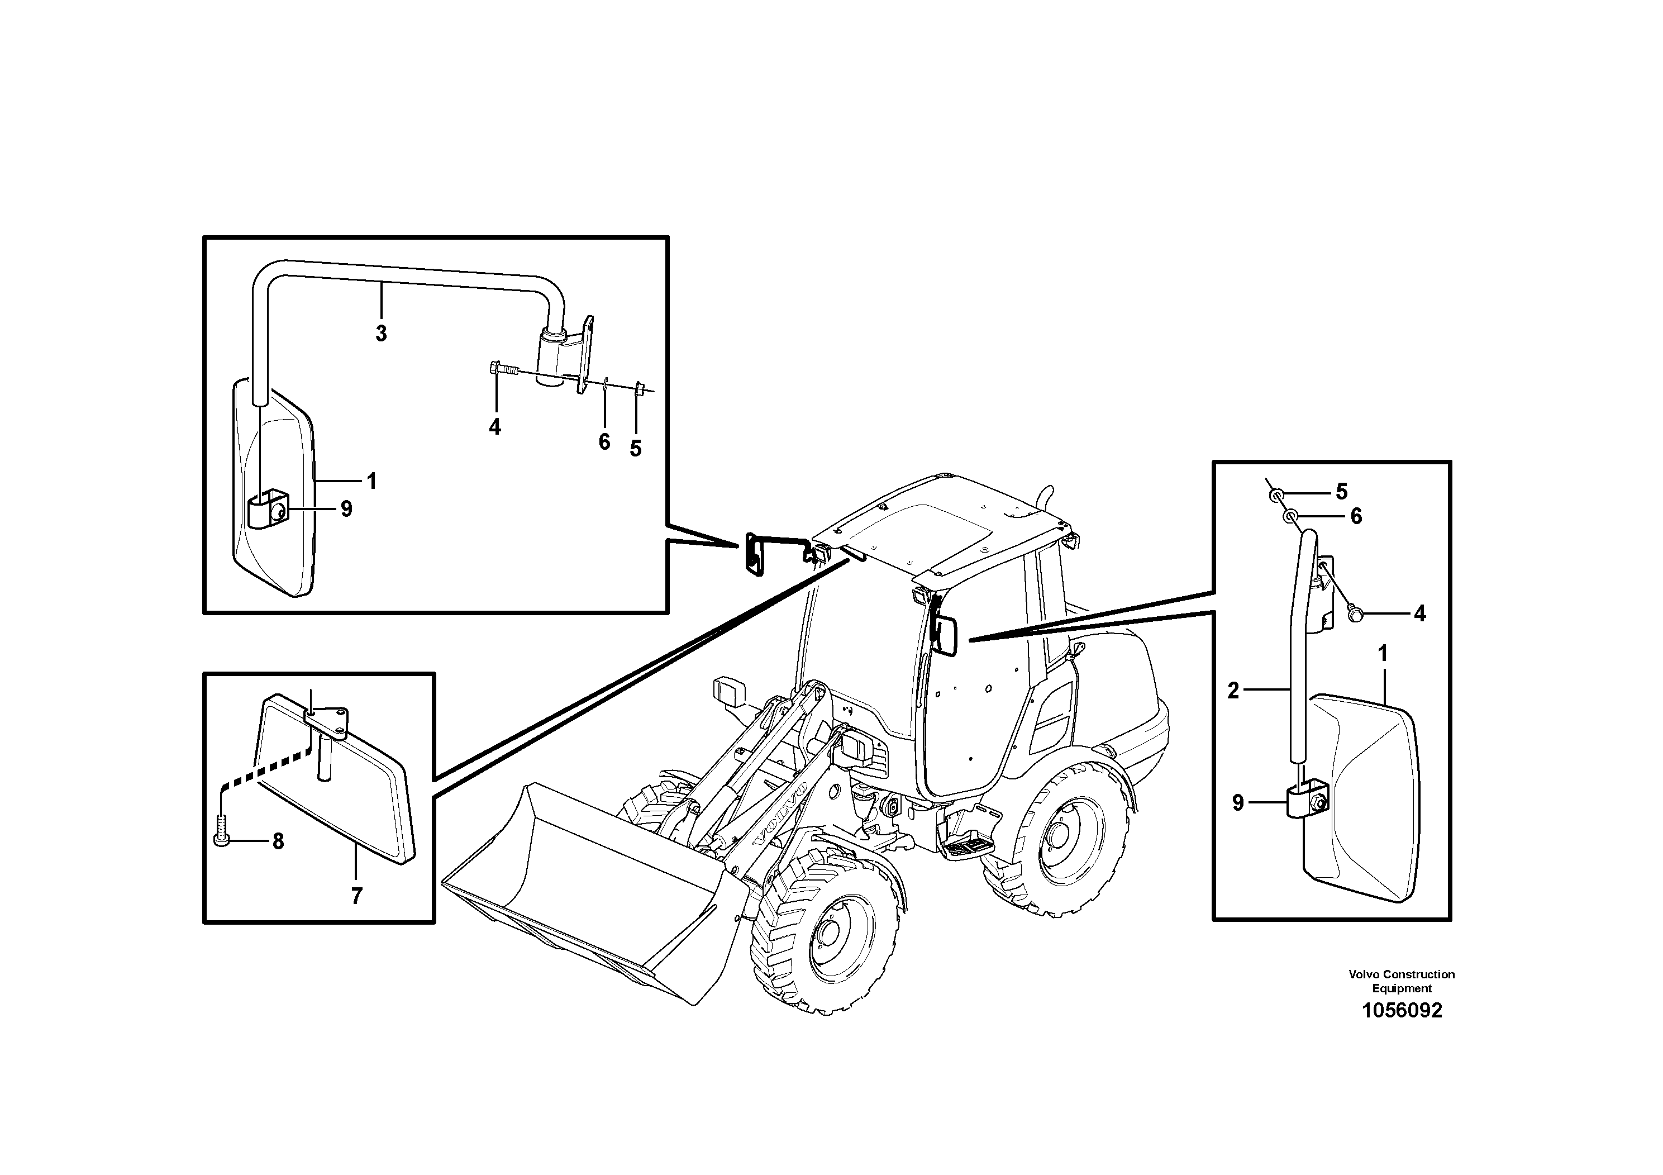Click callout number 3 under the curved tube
coord(381,334)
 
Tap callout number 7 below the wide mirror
coord(356,897)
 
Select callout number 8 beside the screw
coord(278,842)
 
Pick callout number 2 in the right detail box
coord(1233,691)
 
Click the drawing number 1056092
coord(1402,1011)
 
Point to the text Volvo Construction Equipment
coord(1402,982)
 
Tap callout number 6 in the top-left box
coord(604,442)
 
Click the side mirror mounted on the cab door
coord(945,636)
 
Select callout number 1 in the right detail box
coord(1382,654)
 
